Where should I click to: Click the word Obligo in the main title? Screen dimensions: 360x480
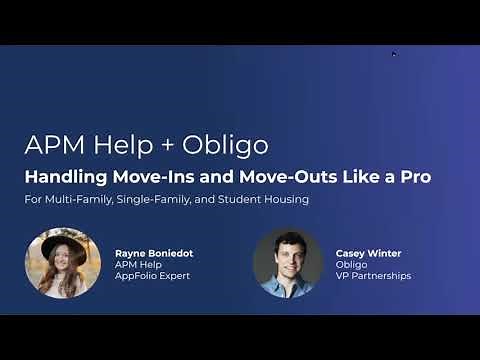point(233,145)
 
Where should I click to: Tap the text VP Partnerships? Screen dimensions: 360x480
point(372,275)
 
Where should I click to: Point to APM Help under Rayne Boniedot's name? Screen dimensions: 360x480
point(136,265)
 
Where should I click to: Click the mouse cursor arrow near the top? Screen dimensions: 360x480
point(394,54)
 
